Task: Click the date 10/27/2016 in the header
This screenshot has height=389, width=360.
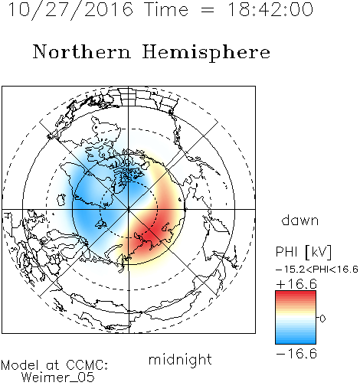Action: [x=70, y=10]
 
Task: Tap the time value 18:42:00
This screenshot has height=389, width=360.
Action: [x=270, y=9]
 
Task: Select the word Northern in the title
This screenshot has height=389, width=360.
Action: [x=82, y=51]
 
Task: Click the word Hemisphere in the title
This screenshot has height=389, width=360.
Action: [x=206, y=53]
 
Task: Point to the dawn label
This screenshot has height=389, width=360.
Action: [x=300, y=220]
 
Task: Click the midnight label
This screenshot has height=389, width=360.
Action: [x=180, y=360]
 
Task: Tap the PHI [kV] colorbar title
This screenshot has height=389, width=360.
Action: [x=303, y=252]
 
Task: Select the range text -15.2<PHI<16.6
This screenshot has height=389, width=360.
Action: [x=317, y=270]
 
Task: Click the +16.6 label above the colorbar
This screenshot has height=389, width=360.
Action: [x=296, y=284]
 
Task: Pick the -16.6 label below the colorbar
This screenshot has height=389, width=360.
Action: [x=296, y=354]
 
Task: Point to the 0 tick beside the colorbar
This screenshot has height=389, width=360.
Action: [x=322, y=319]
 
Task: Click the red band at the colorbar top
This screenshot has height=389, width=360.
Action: [x=296, y=295]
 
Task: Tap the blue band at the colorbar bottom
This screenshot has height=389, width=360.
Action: [x=296, y=340]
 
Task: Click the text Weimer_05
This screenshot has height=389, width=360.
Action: [x=57, y=378]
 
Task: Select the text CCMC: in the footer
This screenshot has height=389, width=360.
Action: [x=87, y=365]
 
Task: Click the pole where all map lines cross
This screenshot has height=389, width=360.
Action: [x=129, y=210]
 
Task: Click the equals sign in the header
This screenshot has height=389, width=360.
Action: [x=208, y=10]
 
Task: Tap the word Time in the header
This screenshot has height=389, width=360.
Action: [x=166, y=9]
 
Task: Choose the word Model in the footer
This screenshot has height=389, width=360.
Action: [x=20, y=365]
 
